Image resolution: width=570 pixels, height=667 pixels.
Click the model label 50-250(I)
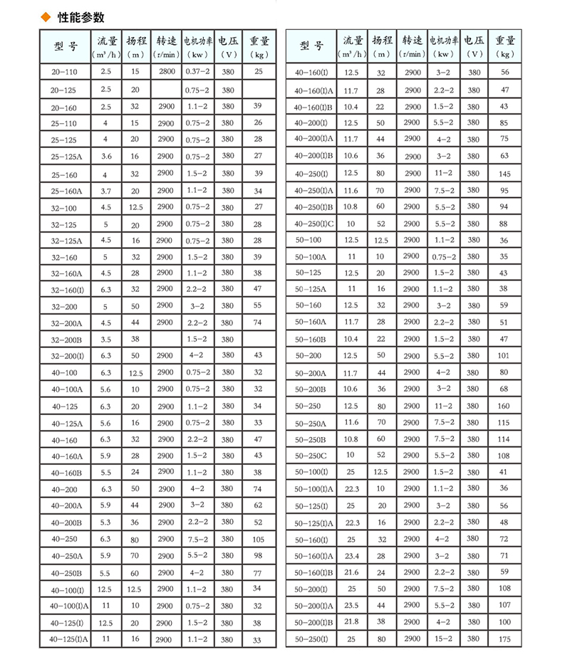pos(311,639)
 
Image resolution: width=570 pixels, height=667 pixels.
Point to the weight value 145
pos(504,174)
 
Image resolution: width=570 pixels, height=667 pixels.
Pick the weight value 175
pos(504,639)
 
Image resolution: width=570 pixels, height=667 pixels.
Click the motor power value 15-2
pos(443,639)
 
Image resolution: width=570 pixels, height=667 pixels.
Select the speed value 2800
pos(166,71)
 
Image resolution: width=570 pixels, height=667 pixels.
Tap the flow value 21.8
pos(351,622)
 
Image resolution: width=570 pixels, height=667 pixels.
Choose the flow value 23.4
pos(351,555)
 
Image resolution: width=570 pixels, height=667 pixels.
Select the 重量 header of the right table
pos(505,47)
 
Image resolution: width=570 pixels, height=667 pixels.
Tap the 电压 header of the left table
pos(228,47)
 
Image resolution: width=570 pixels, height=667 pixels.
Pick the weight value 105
pos(258,540)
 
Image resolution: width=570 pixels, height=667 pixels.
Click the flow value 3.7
pos(106,191)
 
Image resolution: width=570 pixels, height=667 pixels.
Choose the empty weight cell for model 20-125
pos(258,90)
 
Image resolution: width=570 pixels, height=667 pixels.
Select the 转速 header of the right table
pos(413,47)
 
